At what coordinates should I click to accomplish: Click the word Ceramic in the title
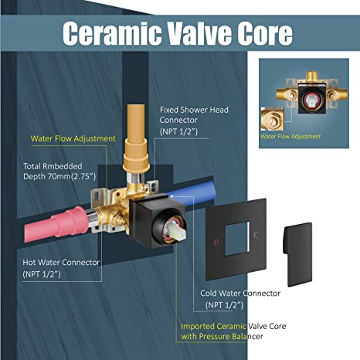pyautogui.click(x=112, y=33)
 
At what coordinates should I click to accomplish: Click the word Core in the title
pyautogui.click(x=265, y=33)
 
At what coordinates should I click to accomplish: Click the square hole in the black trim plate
pyautogui.click(x=237, y=238)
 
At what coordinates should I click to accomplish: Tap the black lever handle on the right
pyautogui.click(x=297, y=254)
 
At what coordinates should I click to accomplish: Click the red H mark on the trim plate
pyautogui.click(x=216, y=243)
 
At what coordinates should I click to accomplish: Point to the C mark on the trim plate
pyautogui.click(x=256, y=235)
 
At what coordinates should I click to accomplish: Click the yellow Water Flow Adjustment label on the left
pyautogui.click(x=73, y=138)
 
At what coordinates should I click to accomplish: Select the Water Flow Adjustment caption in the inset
pyautogui.click(x=290, y=136)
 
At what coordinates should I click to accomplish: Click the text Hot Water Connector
pyautogui.click(x=61, y=263)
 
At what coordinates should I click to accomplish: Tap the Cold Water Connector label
pyautogui.click(x=240, y=293)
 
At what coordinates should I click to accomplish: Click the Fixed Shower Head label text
pyautogui.click(x=194, y=110)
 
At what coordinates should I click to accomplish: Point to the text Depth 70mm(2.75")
pyautogui.click(x=59, y=177)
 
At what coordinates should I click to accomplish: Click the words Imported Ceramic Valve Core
pyautogui.click(x=233, y=326)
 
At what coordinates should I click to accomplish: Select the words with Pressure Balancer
pyautogui.click(x=222, y=336)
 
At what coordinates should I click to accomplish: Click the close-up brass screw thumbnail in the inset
pyautogui.click(x=272, y=119)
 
